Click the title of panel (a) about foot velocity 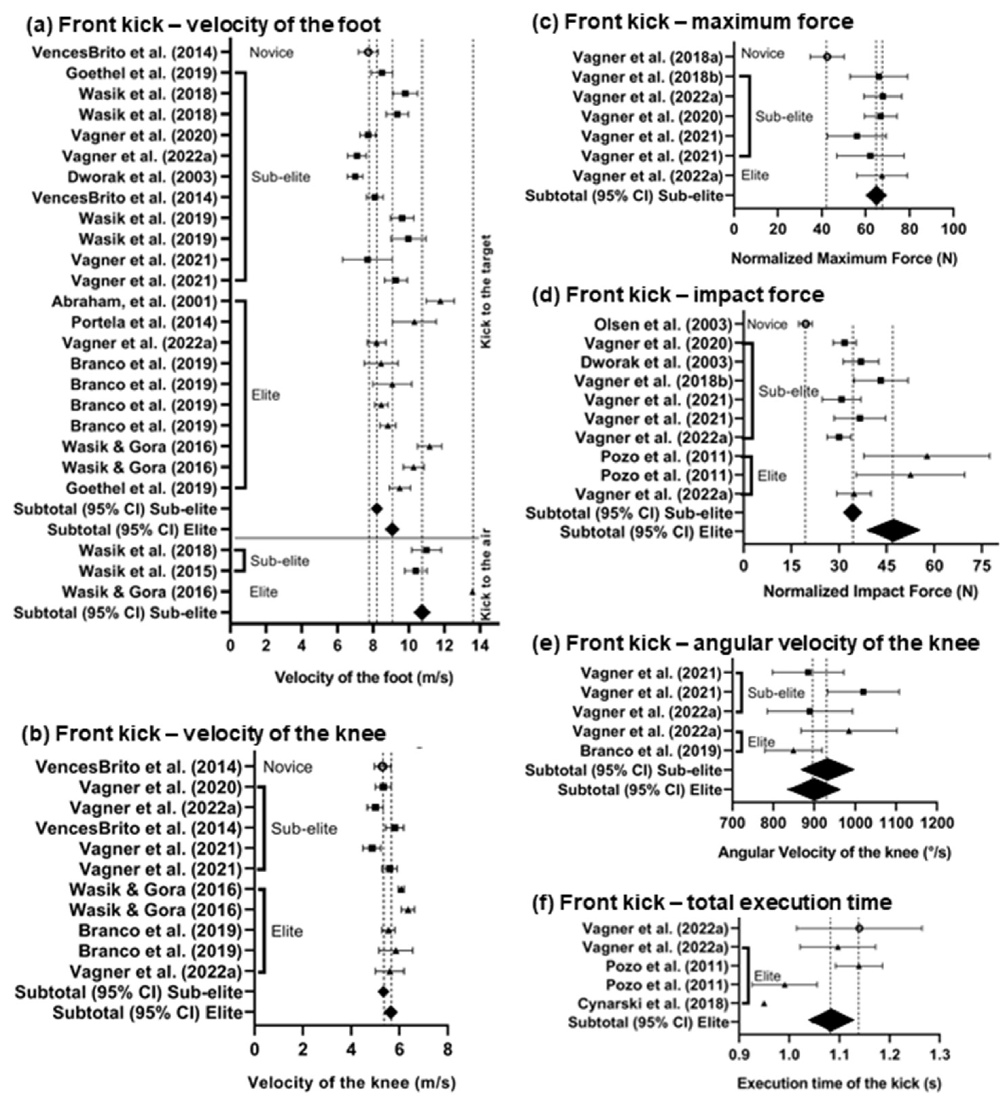(203, 25)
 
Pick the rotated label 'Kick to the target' (486, 292)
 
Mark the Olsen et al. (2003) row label (663, 324)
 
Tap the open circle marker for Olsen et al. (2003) (805, 324)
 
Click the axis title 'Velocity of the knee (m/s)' (351, 1082)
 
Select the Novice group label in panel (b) (288, 767)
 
